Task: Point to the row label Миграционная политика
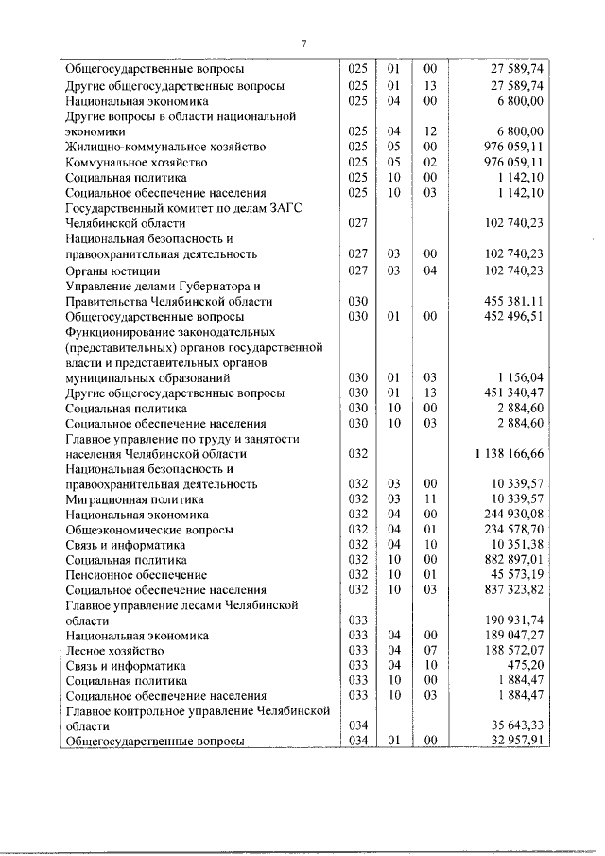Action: click(x=130, y=498)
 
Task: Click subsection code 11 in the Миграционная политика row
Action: click(x=430, y=498)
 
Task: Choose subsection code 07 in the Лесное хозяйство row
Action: click(x=430, y=651)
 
